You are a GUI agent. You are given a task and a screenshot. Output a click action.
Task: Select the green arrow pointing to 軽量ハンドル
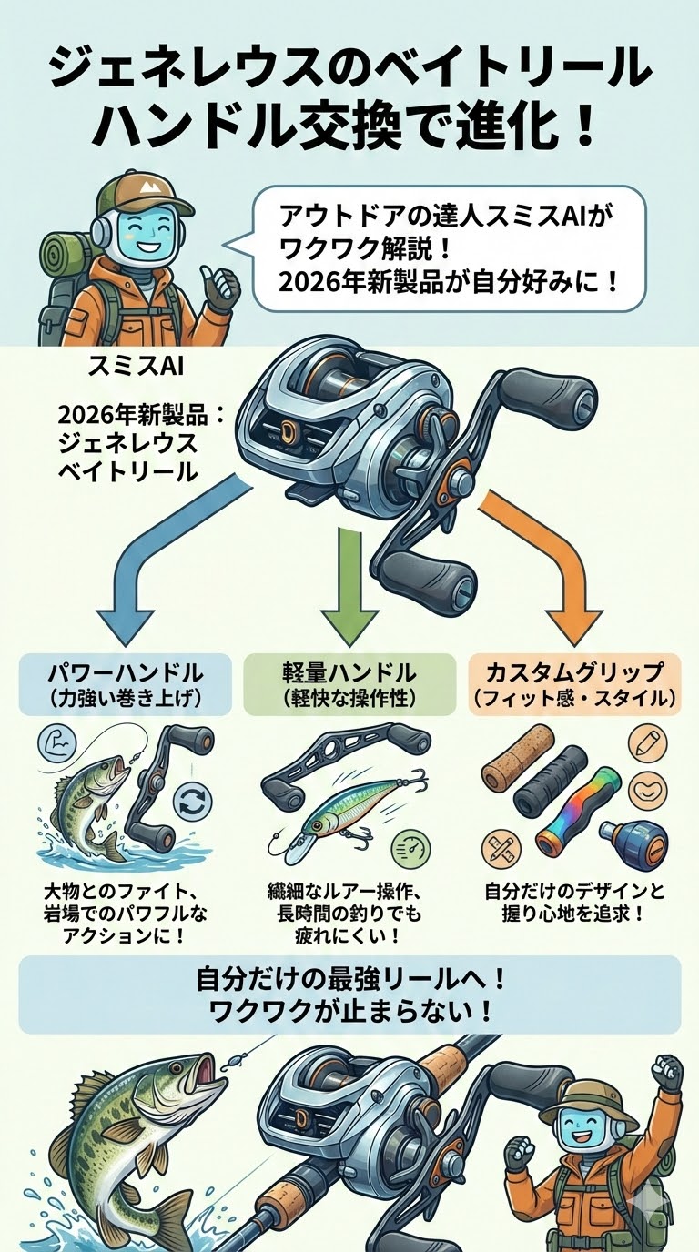point(350,582)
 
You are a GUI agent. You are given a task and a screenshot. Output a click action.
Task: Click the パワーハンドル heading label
point(125,673)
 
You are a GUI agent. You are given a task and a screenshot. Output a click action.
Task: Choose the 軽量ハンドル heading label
point(349,673)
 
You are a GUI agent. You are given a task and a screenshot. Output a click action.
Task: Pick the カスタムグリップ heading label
point(573,673)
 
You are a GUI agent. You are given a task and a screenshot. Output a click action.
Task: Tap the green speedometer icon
point(410,851)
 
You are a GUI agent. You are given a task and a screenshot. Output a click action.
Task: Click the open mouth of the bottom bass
point(205,1074)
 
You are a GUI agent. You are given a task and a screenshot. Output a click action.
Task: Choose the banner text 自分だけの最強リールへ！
point(349,980)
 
